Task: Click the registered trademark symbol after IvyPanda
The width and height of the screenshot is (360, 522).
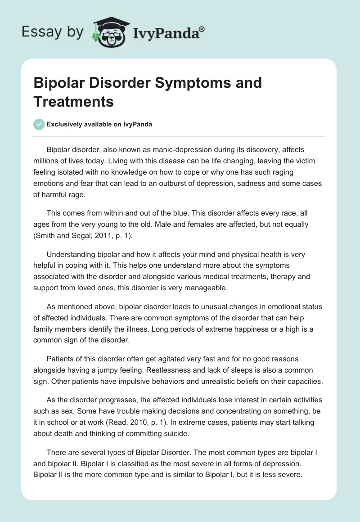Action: [x=202, y=29]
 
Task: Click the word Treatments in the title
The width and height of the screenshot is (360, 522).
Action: [x=73, y=101]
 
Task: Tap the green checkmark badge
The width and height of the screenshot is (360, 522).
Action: [x=39, y=125]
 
